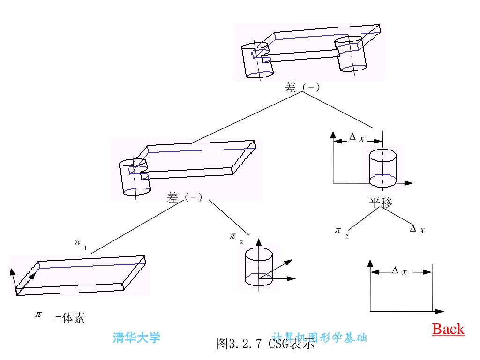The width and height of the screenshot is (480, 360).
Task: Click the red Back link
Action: [448, 329]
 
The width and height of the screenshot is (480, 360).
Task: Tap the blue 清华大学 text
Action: [136, 337]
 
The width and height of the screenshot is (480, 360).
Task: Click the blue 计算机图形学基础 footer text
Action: [319, 337]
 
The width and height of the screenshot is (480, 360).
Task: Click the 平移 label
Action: [381, 202]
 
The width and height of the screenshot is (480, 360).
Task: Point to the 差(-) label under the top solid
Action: [302, 87]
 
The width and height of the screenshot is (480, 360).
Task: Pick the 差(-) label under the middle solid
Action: [184, 198]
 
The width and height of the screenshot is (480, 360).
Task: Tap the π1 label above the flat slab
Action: [81, 243]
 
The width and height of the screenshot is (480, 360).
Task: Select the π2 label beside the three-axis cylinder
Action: [236, 237]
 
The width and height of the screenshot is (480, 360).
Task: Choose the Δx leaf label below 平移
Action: [417, 230]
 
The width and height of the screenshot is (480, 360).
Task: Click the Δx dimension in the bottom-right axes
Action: [399, 271]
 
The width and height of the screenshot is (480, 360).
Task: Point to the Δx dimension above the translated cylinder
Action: [357, 137]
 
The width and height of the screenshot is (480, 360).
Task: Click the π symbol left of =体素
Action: [38, 314]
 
